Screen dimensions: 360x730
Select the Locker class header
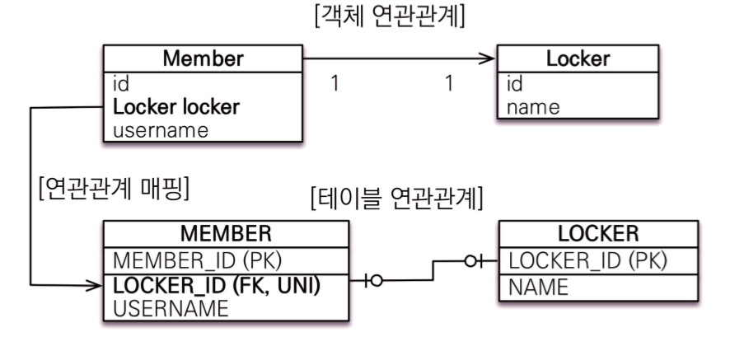coord(578,59)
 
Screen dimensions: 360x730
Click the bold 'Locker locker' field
coord(176,107)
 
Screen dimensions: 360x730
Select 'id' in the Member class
coord(120,84)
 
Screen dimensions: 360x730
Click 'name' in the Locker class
coord(533,106)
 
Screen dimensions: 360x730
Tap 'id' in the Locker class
coord(516,84)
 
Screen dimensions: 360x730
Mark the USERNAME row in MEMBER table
coord(170,309)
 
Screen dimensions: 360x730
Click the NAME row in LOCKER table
coord(539,287)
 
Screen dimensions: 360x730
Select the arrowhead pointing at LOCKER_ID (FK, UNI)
coord(94,286)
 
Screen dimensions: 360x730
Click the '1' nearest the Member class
coord(334,84)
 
